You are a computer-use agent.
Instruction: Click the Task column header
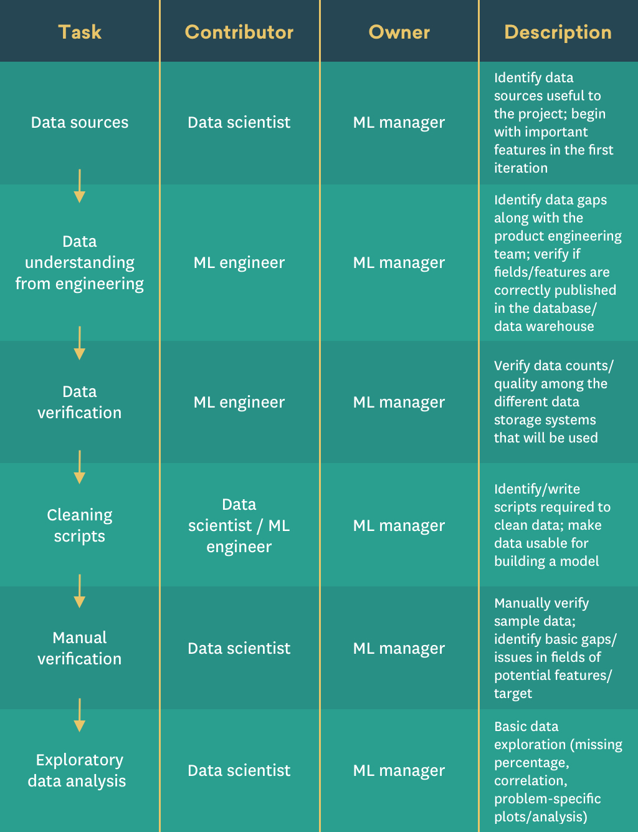click(80, 32)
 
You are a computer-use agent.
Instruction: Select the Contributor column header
click(239, 32)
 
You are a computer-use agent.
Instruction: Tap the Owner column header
click(399, 32)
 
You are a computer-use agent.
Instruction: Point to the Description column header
click(558, 32)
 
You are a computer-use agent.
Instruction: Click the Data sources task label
click(80, 122)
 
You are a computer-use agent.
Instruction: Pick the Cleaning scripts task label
click(80, 525)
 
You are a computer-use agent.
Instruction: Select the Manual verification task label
click(80, 648)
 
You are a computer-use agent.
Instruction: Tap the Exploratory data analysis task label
click(77, 770)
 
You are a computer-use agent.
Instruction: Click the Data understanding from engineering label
click(80, 262)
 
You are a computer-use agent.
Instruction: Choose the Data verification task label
click(80, 401)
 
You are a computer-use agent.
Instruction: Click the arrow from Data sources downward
click(80, 186)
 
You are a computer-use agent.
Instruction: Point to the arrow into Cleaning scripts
click(80, 467)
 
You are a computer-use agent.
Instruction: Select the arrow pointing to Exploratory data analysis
click(80, 715)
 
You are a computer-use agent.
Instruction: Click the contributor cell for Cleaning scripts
click(239, 525)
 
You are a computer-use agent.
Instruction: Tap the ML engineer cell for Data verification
click(239, 402)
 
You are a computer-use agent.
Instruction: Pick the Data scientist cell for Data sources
click(239, 122)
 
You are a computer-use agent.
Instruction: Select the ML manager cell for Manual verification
click(399, 648)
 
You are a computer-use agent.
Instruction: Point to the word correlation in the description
click(531, 781)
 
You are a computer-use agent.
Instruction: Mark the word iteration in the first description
click(520, 168)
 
